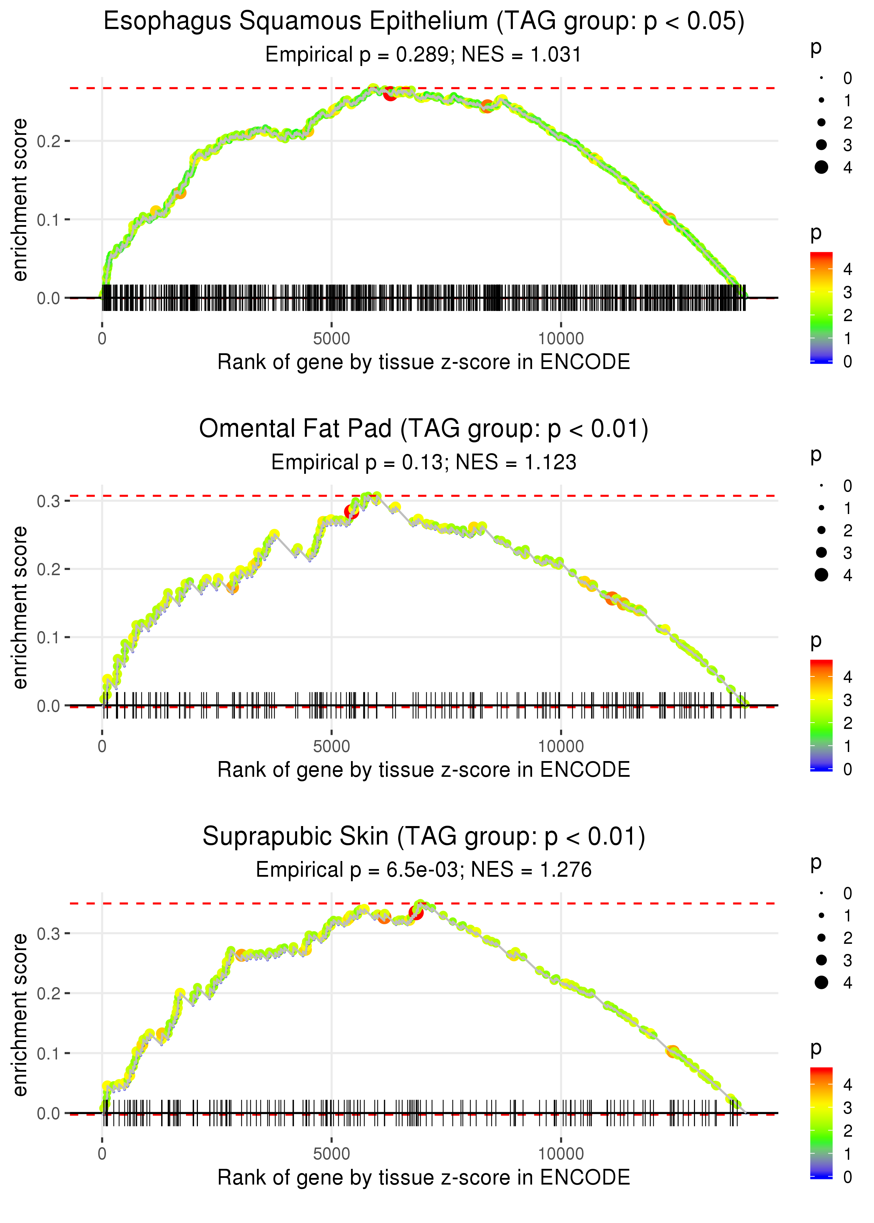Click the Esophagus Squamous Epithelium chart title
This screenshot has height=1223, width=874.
tap(424, 22)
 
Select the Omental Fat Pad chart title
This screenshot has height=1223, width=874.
tap(424, 429)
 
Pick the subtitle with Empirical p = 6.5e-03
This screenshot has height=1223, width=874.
tap(424, 870)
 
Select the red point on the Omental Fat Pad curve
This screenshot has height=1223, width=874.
tap(351, 512)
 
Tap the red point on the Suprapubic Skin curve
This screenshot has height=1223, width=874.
tap(415, 913)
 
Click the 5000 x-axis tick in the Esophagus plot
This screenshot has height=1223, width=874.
tap(331, 339)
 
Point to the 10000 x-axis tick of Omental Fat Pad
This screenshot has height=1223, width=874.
tap(561, 746)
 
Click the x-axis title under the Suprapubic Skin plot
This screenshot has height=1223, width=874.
tap(424, 1177)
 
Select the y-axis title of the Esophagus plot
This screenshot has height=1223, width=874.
tap(20, 200)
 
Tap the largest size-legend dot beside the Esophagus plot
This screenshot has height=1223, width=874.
tap(821, 167)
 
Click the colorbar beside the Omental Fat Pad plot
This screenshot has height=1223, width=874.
tap(821, 715)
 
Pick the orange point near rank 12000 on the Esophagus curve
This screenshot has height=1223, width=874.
tap(669, 219)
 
